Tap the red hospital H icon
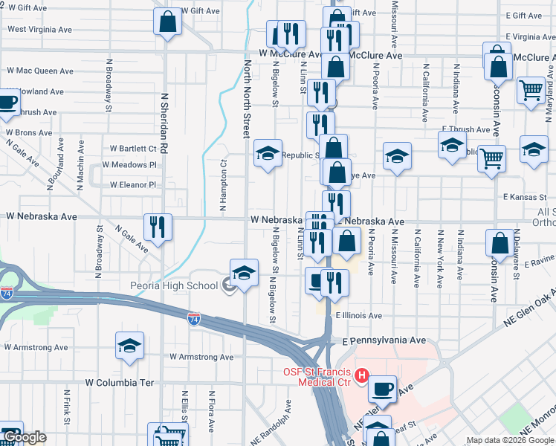361,375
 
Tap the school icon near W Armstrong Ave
129,346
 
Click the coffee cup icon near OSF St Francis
382,388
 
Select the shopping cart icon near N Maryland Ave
531,91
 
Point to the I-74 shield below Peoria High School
193,318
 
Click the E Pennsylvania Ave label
384,340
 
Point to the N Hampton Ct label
222,186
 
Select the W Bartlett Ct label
133,149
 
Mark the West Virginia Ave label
39,30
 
